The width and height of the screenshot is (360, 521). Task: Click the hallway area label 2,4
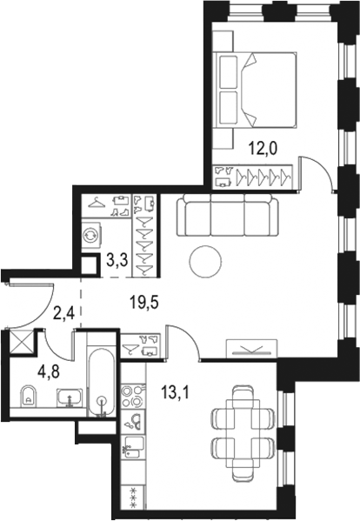(63, 311)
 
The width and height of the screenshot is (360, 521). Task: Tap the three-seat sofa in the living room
(228, 216)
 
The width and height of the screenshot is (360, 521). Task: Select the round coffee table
(206, 259)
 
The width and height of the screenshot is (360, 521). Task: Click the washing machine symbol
(92, 235)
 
